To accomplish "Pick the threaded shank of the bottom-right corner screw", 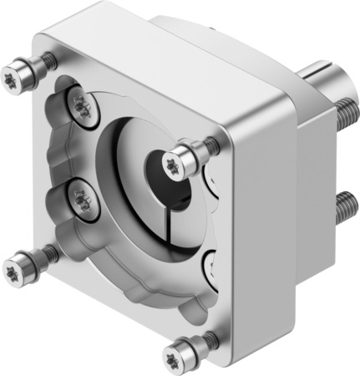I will pyautogui.click(x=205, y=339).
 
